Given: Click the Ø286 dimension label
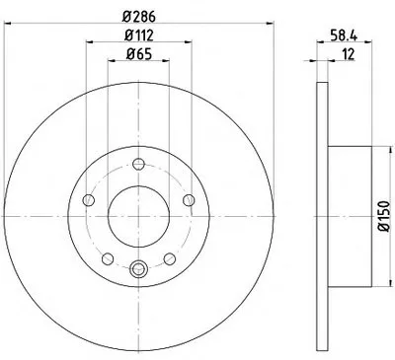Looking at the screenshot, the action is pos(138,17).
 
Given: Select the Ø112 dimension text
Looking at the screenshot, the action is pos(138,36).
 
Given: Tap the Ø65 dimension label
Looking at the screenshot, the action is pos(138,53).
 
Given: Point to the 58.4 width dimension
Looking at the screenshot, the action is pos(344,36).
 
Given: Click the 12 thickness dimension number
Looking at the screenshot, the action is pos(348,54).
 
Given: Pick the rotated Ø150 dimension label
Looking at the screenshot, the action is pos(384,216).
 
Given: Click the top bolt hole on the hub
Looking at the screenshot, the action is pos(138,164).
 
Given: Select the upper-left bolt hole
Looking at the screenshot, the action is pos(88,200).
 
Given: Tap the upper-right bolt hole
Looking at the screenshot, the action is pos(189,200).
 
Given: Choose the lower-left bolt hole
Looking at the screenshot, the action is pos(108,258).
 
